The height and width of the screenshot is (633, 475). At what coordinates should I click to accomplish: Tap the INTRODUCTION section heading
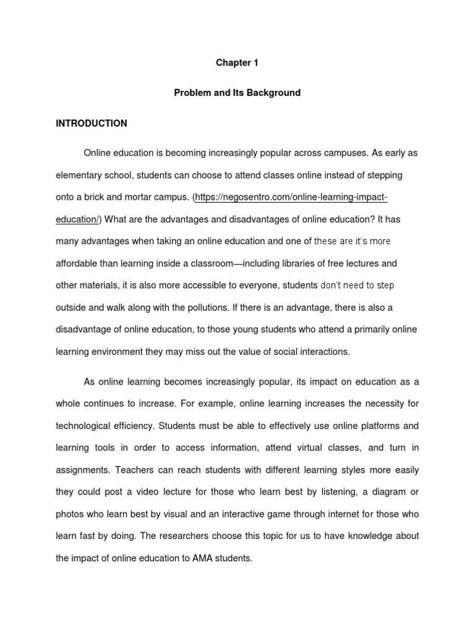[x=92, y=124]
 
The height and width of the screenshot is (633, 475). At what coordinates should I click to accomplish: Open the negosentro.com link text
[x=291, y=198]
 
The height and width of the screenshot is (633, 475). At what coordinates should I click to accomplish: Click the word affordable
[x=78, y=263]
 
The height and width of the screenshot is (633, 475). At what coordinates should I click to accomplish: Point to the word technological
[x=83, y=426]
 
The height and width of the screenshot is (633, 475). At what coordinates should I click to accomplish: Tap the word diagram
[x=385, y=492]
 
